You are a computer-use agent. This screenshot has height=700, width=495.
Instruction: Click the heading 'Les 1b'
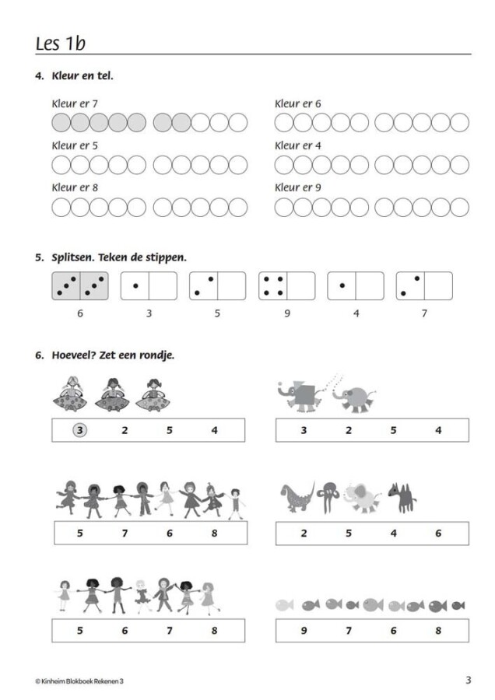60,44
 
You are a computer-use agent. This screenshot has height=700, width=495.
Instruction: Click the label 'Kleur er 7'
75,103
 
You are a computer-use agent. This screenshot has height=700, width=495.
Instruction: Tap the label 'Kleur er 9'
297,187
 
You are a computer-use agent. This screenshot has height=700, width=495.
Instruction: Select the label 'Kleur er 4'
297,145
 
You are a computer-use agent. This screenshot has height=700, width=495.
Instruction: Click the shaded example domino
80,285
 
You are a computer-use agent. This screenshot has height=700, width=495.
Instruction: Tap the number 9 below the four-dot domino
287,313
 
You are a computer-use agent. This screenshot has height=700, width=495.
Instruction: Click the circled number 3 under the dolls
79,430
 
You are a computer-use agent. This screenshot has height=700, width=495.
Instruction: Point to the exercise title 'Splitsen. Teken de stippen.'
119,257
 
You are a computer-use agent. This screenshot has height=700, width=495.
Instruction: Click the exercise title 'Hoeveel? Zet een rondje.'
113,355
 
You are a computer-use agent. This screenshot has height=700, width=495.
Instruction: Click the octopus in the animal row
328,496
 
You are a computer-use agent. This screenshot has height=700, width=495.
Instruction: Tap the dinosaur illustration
297,496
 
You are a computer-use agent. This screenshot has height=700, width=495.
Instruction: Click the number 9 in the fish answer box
304,630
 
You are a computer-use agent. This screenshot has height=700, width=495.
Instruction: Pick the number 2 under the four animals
304,533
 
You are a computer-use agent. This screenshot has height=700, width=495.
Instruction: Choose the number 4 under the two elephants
438,430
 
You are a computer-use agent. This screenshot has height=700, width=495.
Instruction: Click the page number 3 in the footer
469,680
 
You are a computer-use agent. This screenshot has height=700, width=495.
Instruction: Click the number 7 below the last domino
424,313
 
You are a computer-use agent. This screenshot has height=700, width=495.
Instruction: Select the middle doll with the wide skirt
112,394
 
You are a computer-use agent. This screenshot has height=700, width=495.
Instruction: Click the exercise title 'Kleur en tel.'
82,76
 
